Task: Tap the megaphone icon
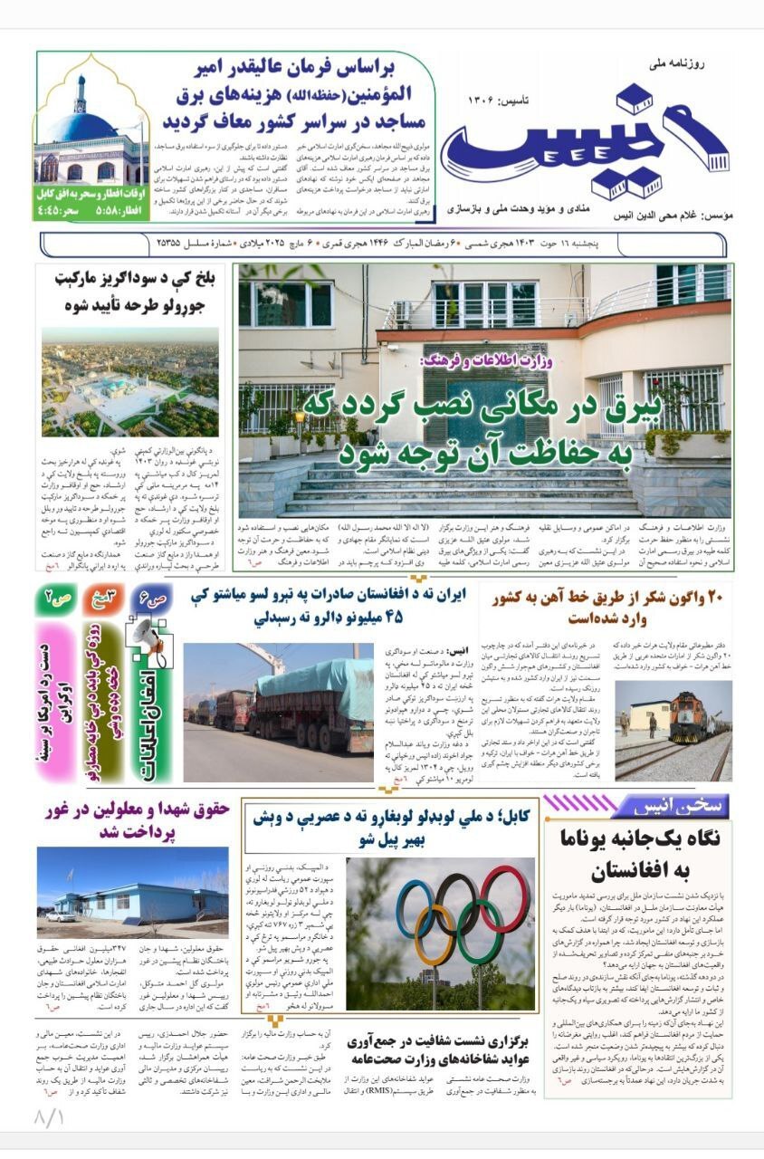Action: click(149, 635)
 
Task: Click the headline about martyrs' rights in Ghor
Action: click(134, 819)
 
